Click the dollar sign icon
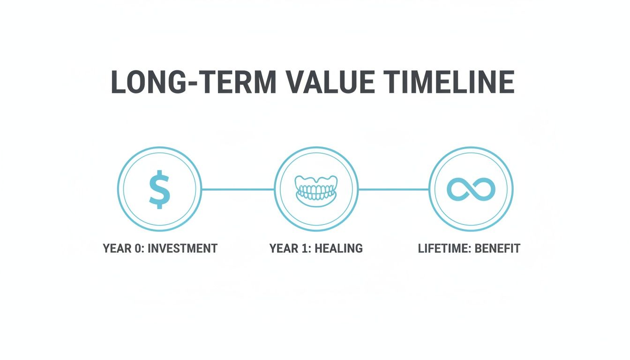tap(159, 189)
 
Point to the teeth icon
tap(316, 189)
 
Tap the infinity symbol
tap(471, 189)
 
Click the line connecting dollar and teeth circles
tap(238, 189)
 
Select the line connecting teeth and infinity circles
tap(394, 189)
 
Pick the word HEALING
tap(339, 248)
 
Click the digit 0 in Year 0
tap(138, 248)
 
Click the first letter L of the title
tap(118, 82)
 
